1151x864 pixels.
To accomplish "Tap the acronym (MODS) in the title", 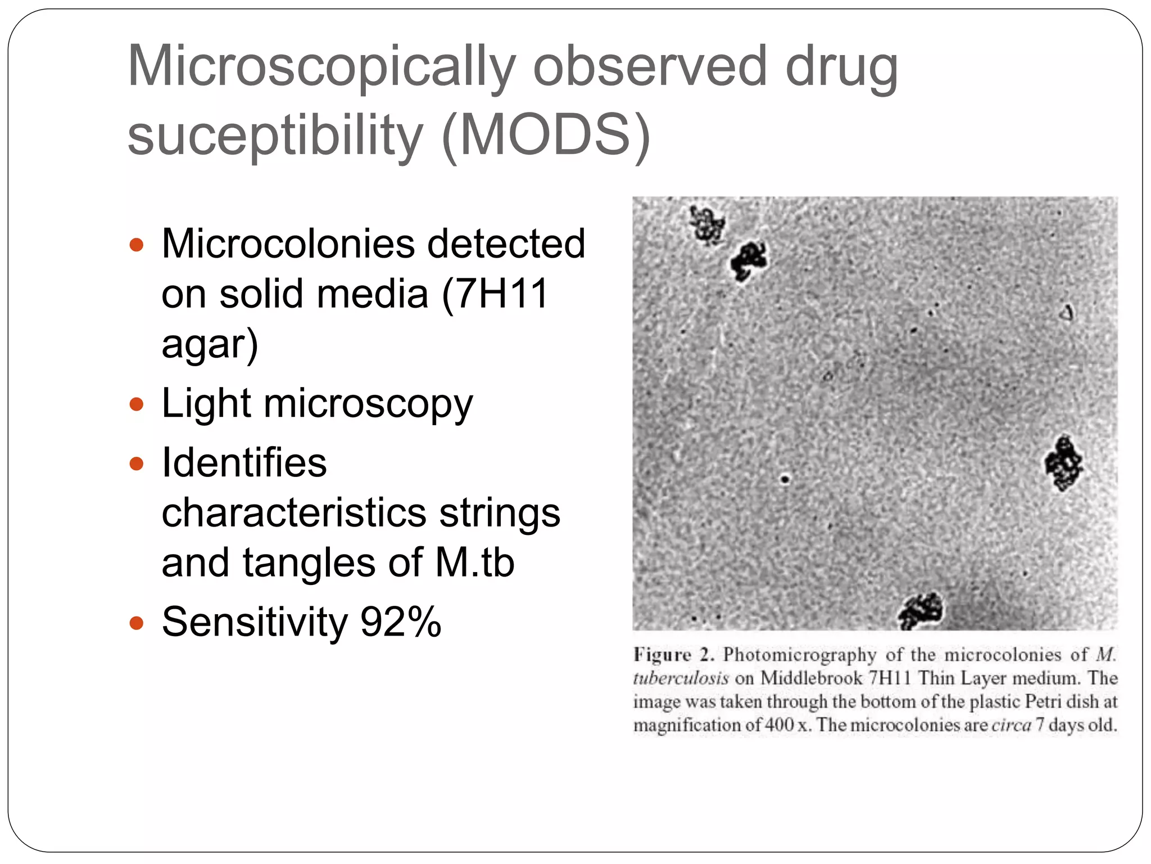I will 546,135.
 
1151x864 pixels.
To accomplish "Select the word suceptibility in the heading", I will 275,135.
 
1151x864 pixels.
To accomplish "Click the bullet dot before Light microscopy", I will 137,404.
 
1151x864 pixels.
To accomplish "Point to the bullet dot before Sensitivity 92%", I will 137,623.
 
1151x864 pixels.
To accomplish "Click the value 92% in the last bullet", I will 401,622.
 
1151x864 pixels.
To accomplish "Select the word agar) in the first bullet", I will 210,344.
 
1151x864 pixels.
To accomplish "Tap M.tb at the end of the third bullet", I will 475,562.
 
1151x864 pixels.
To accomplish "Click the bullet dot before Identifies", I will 137,464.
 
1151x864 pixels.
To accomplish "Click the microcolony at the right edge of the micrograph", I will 1063,462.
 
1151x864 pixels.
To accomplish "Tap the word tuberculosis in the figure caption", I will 681,678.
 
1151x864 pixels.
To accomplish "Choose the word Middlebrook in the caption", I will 811,678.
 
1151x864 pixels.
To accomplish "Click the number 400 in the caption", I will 779,725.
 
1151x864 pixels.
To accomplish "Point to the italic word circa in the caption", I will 1011,725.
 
